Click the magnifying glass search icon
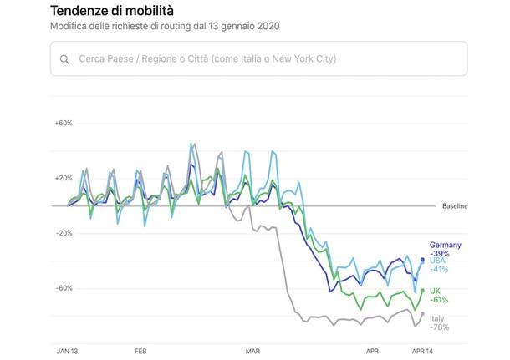(64, 59)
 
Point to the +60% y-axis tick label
(64, 123)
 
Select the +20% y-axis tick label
(64, 178)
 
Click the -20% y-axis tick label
(64, 233)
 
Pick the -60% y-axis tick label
(64, 288)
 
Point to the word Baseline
(456, 206)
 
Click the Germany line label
(445, 245)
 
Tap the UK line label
(435, 290)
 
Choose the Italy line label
(436, 318)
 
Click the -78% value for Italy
(439, 327)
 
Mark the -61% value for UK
(439, 299)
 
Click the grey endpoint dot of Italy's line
(422, 314)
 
